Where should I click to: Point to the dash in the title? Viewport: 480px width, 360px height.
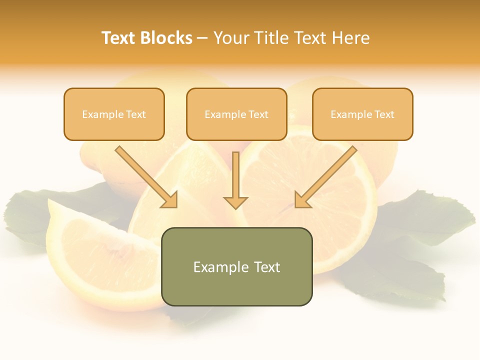[x=202, y=38]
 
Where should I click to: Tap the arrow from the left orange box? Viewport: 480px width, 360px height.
[x=145, y=176]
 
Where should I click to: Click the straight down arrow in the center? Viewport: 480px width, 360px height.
[x=235, y=175]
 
